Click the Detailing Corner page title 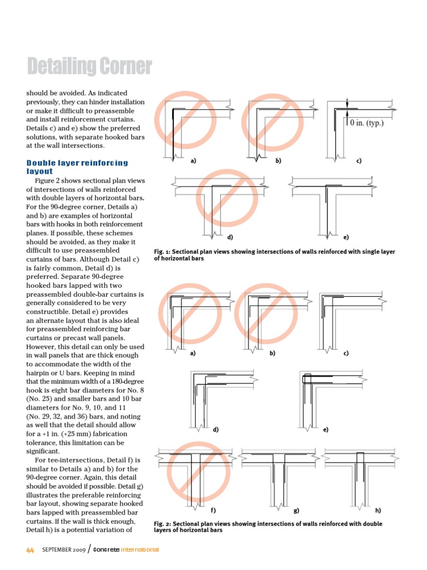89,67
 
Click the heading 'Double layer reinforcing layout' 77,167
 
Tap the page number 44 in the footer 31,550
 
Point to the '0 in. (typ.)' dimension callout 366,122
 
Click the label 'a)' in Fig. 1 193,161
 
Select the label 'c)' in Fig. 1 359,161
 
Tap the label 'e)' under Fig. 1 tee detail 346,237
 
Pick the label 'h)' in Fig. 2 378,510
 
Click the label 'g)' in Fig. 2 296,510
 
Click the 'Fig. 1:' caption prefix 163,252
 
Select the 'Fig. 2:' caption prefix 163,524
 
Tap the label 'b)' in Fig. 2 272,353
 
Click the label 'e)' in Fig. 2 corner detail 326,430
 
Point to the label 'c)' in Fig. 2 346,353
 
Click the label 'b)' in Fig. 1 278,161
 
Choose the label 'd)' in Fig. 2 216,430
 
